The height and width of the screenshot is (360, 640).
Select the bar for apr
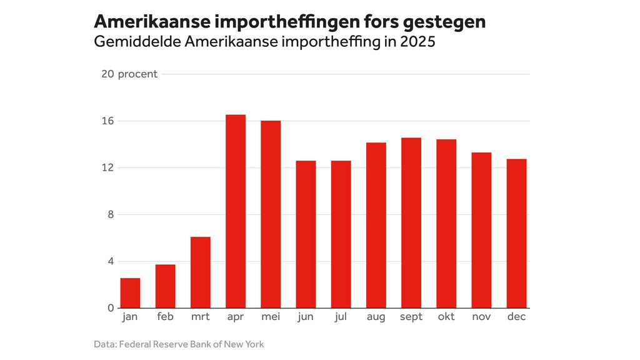point(236,211)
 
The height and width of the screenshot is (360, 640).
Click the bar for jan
point(130,293)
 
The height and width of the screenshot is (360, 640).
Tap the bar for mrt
point(201,272)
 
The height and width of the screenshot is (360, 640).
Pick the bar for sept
point(411,222)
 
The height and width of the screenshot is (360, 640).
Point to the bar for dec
point(516,233)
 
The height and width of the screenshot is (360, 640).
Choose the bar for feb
point(166,286)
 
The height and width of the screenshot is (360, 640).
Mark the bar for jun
point(306,234)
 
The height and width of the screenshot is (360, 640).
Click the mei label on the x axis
point(271,317)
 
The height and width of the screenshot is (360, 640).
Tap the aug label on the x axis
point(376,317)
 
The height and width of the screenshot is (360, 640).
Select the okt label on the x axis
point(446,317)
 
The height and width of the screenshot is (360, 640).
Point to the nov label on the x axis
point(481,317)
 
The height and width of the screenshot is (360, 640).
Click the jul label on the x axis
point(341,317)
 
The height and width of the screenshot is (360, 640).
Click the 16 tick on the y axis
point(107,121)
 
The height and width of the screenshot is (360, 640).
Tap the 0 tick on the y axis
point(111,308)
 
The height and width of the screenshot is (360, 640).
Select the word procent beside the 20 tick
point(137,74)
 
